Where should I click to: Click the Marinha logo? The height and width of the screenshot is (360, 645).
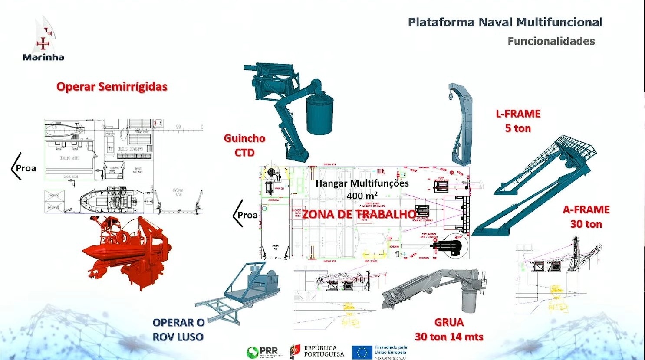pyautogui.click(x=43, y=41)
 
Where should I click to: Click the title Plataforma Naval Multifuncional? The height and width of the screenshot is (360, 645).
pyautogui.click(x=505, y=23)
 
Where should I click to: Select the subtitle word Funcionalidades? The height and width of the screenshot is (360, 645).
pyautogui.click(x=551, y=41)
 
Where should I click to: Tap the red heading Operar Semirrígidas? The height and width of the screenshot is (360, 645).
pyautogui.click(x=112, y=87)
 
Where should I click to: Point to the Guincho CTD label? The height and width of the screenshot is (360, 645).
pyautogui.click(x=244, y=145)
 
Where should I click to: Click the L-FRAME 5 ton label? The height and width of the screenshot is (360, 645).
pyautogui.click(x=518, y=121)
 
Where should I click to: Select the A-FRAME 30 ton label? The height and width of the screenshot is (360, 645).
pyautogui.click(x=586, y=217)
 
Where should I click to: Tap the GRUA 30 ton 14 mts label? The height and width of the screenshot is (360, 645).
pyautogui.click(x=449, y=330)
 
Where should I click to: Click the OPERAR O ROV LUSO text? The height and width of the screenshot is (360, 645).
pyautogui.click(x=178, y=330)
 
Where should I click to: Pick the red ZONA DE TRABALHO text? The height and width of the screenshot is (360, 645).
pyautogui.click(x=359, y=214)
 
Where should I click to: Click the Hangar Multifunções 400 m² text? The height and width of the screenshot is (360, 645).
pyautogui.click(x=362, y=189)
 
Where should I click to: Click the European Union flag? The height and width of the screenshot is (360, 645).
pyautogui.click(x=362, y=353)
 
